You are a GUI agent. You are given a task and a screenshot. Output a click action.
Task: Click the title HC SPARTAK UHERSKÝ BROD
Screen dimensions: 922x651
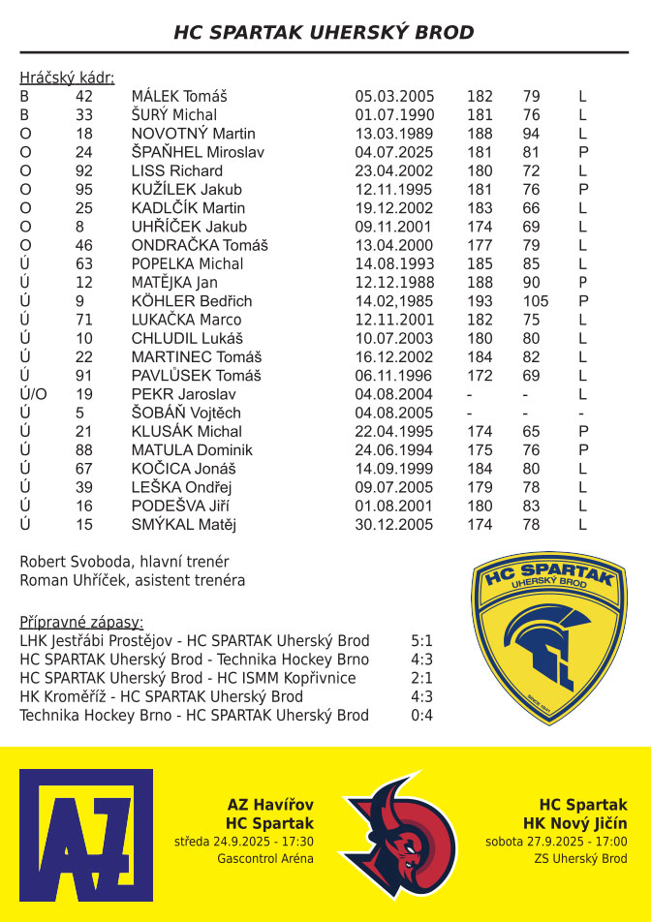pyautogui.click(x=325, y=32)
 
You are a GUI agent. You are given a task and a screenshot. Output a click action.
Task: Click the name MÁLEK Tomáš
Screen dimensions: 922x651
pyautogui.click(x=179, y=97)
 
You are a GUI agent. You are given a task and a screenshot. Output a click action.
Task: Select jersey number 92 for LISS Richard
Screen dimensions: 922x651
pyautogui.click(x=84, y=170)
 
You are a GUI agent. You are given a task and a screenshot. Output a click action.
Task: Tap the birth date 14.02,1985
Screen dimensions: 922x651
pyautogui.click(x=394, y=301)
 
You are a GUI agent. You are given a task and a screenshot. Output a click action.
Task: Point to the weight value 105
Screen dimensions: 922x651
pyautogui.click(x=536, y=301)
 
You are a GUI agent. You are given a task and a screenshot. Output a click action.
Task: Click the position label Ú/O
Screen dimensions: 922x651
pyautogui.click(x=33, y=394)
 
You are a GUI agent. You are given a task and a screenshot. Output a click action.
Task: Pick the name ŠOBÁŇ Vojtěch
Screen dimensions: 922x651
pyautogui.click(x=186, y=413)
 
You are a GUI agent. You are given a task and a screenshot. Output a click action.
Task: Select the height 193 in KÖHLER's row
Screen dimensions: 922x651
pyautogui.click(x=480, y=301)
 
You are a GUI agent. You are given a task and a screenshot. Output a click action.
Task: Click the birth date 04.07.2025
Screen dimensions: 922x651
pyautogui.click(x=394, y=152)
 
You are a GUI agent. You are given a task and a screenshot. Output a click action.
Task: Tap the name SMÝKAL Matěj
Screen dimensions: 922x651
pyautogui.click(x=184, y=525)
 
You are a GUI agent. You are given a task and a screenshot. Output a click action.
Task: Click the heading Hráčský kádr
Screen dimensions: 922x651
pyautogui.click(x=67, y=77)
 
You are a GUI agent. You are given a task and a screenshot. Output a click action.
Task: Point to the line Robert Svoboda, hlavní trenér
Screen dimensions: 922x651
pyautogui.click(x=124, y=562)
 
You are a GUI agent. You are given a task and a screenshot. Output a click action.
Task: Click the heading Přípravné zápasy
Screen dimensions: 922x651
pyautogui.click(x=81, y=622)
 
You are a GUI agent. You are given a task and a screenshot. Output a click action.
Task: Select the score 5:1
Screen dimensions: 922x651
pyautogui.click(x=421, y=641)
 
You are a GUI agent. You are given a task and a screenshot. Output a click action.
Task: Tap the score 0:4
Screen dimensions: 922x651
pyautogui.click(x=421, y=716)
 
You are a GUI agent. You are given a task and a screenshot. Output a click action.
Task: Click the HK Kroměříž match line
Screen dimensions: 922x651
pyautogui.click(x=161, y=697)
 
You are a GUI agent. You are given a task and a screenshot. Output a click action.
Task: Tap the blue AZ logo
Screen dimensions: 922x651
pyautogui.click(x=86, y=834)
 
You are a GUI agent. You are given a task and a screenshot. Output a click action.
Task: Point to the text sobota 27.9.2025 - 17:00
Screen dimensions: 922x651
pyautogui.click(x=556, y=842)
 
